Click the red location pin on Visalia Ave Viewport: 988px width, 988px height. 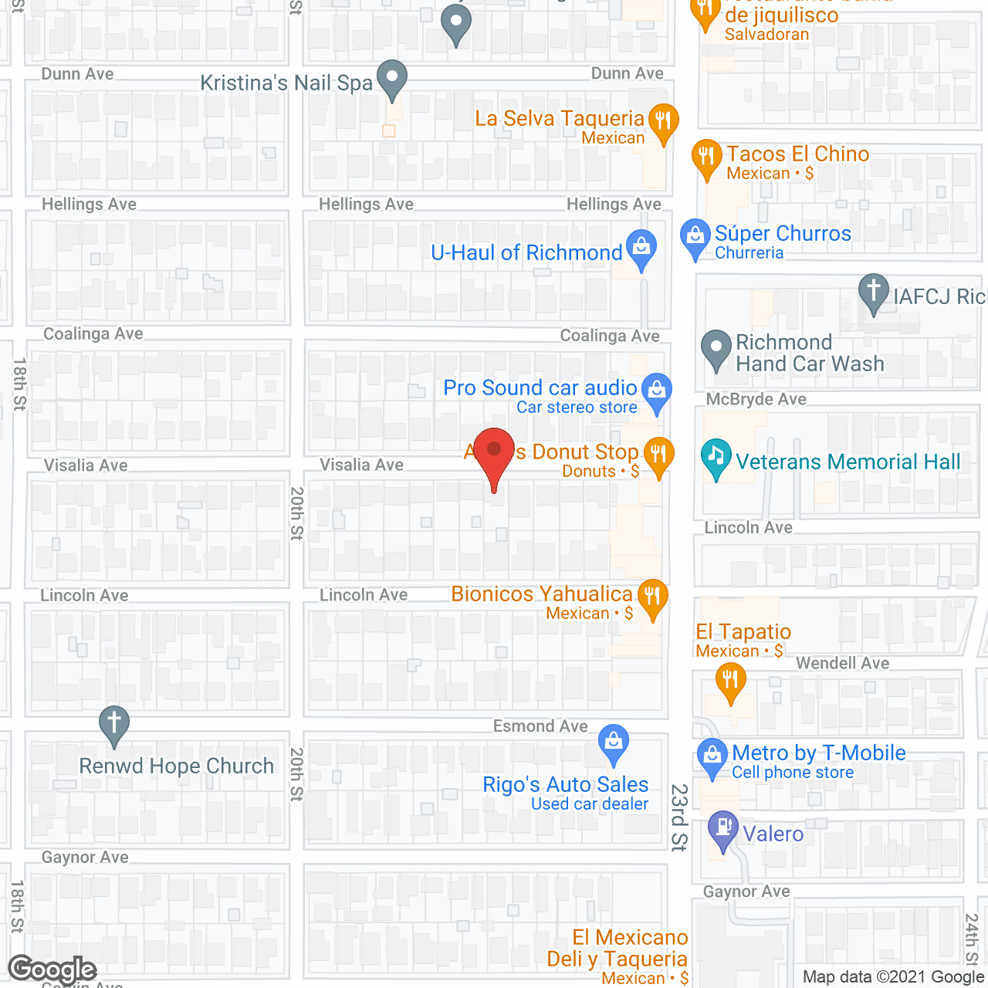click(494, 452)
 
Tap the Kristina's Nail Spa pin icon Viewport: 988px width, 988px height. click(393, 78)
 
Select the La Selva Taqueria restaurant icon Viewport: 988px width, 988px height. click(663, 121)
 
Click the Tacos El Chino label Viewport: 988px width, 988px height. click(797, 154)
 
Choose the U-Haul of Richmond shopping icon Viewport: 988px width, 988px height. click(641, 248)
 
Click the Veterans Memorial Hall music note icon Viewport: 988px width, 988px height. click(716, 456)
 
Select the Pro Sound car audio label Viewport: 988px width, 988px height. click(540, 387)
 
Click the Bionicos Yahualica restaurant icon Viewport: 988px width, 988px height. click(653, 597)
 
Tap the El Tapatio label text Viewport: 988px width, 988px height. click(743, 632)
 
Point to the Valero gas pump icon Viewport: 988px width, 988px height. click(723, 828)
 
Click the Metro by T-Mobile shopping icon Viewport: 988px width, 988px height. click(712, 756)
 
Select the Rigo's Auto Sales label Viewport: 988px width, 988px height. click(565, 785)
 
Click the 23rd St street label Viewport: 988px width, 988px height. click(678, 817)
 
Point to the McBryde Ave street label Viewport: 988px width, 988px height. click(756, 399)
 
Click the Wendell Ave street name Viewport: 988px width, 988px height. click(842, 663)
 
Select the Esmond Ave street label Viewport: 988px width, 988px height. click(540, 726)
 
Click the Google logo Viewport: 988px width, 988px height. click(52, 969)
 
